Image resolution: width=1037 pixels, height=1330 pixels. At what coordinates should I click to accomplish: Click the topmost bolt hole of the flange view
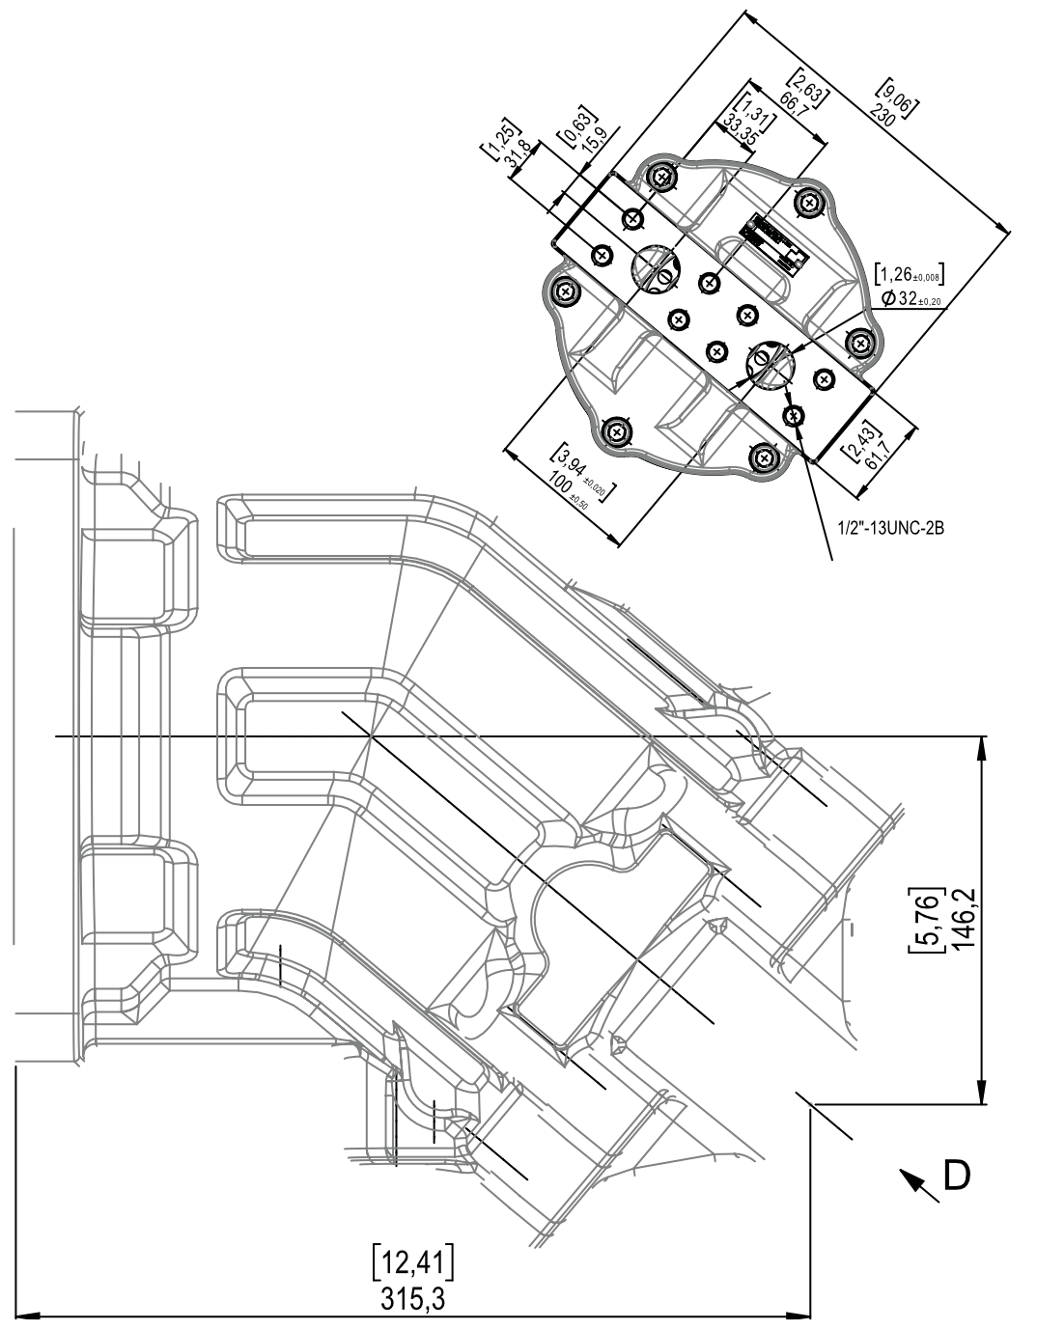pyautogui.click(x=660, y=178)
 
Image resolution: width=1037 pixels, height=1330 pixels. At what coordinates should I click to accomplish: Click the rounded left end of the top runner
pyautogui.click(x=232, y=528)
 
